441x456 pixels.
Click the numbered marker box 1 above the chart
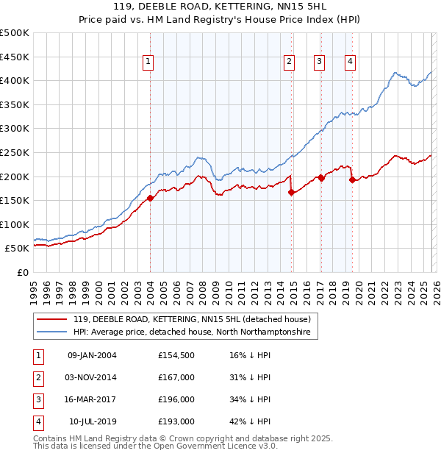(148, 62)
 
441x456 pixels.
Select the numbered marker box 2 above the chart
(290, 62)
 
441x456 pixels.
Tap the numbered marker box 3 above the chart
(320, 62)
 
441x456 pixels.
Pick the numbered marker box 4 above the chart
(350, 62)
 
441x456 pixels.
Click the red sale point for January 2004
(150, 198)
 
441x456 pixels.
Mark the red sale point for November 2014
(292, 192)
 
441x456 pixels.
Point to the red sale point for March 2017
(321, 178)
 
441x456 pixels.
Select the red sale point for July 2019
(352, 179)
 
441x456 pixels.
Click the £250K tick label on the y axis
(15, 152)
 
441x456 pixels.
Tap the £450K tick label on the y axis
(15, 57)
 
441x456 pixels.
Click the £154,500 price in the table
(176, 355)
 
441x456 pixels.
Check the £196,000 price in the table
(176, 399)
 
